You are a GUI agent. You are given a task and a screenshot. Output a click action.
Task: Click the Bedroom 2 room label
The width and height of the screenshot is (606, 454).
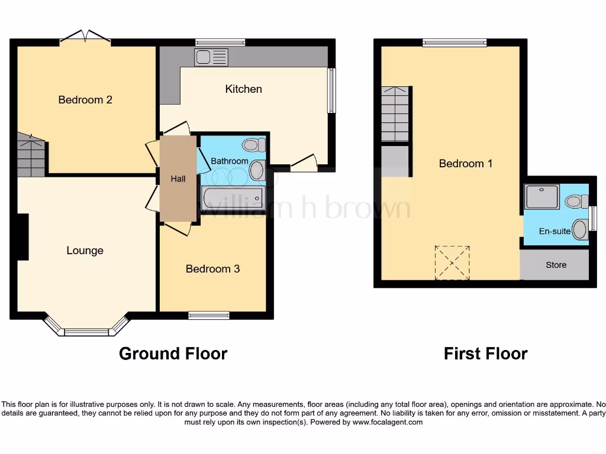85,100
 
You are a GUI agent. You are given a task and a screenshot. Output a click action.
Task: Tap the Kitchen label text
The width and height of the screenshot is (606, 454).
243,89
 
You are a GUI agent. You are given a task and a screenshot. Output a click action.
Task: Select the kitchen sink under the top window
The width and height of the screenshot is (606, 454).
211,57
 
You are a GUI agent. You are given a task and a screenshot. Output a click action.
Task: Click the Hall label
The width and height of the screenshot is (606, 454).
178,179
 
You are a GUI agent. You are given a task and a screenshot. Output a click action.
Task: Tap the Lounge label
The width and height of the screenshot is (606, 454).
85,251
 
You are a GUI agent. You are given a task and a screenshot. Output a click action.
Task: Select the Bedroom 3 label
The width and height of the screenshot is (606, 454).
212,269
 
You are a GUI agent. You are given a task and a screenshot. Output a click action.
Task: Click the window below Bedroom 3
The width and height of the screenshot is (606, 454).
209,316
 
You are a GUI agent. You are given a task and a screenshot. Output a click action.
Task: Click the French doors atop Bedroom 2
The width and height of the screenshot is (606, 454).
85,37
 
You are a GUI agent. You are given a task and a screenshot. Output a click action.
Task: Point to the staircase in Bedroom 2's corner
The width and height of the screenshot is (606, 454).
31,155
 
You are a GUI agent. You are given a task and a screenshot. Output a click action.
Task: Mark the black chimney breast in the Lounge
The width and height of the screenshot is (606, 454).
22,236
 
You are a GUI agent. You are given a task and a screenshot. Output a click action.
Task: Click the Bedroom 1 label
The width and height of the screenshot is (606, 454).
465,164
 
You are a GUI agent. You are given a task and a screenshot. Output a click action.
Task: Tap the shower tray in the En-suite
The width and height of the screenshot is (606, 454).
541,197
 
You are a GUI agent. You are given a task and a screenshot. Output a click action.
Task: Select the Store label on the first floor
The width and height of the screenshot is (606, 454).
556,265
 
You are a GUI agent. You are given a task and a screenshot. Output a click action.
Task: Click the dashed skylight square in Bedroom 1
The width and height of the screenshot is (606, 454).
453,262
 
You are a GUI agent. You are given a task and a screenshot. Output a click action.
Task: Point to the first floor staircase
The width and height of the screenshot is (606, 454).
395,114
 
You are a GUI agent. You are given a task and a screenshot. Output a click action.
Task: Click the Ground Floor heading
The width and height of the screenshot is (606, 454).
173,354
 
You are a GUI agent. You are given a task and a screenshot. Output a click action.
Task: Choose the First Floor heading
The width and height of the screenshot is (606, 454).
485,354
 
